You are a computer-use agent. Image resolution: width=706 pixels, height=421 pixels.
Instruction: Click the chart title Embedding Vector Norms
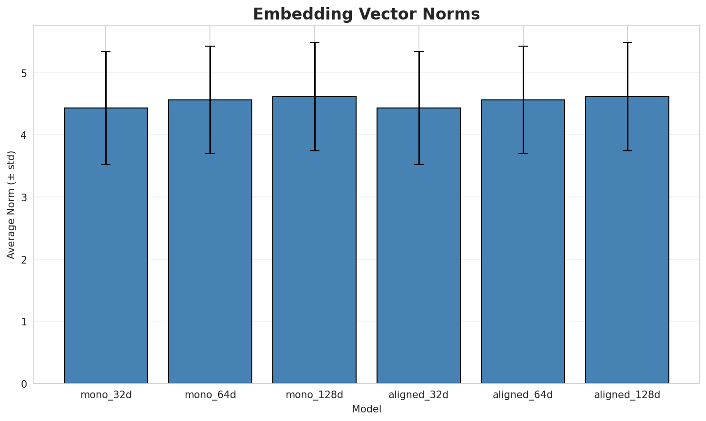coord(366,14)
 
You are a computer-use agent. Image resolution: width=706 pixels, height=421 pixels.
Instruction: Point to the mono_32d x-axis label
coord(106,395)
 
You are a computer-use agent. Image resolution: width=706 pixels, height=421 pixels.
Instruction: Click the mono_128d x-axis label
coord(314,395)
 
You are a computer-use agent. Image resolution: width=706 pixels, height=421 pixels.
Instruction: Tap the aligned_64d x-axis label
coord(523,395)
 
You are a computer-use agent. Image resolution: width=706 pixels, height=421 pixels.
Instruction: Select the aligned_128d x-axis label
coord(627,395)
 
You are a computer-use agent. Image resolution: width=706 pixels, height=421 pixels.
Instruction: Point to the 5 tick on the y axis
coord(23,73)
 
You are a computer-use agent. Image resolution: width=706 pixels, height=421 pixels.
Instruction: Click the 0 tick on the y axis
coord(23,384)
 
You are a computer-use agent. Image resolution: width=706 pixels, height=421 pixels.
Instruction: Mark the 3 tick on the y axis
coord(23,197)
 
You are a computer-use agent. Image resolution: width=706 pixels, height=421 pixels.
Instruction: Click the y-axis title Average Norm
coord(11,205)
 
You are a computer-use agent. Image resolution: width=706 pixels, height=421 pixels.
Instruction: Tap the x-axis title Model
coord(366,410)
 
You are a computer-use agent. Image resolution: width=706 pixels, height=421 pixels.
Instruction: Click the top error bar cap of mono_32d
coord(106,51)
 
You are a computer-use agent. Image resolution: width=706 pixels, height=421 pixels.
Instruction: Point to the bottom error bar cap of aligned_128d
coord(627,151)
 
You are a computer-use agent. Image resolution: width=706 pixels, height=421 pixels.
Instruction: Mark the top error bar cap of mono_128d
coord(314,42)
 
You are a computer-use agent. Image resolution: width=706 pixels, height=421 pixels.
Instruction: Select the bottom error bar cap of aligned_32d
coord(418,165)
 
